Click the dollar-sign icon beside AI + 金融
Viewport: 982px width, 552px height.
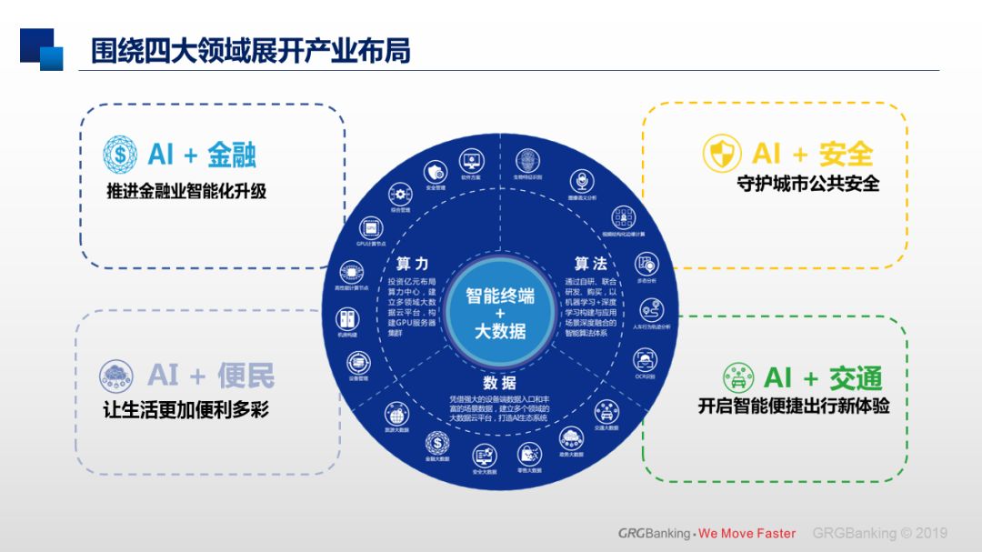(x=120, y=154)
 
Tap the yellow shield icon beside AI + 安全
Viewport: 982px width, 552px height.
(x=722, y=154)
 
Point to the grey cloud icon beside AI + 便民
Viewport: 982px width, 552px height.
(x=118, y=375)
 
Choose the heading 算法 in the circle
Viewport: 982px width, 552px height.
(x=590, y=264)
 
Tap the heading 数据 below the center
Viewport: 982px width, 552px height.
(x=500, y=383)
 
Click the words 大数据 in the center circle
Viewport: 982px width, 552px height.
(x=500, y=331)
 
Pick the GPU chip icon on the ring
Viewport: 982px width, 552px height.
(x=371, y=226)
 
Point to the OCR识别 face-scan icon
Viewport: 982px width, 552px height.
(x=646, y=359)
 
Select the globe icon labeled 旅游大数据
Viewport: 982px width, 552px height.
(x=396, y=414)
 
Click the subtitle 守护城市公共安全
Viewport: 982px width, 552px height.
(x=807, y=184)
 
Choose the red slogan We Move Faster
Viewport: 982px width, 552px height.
(x=747, y=534)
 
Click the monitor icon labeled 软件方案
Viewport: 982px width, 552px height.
(x=471, y=164)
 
